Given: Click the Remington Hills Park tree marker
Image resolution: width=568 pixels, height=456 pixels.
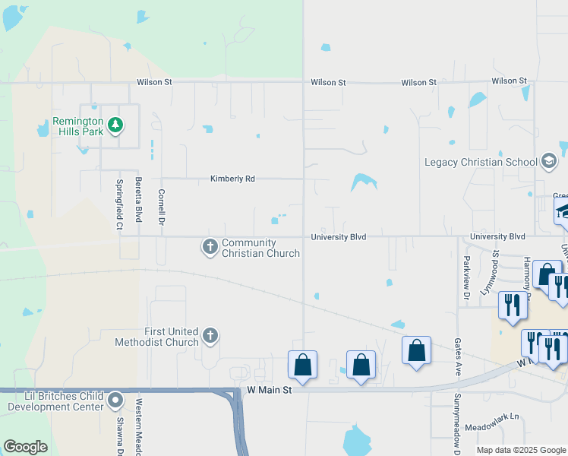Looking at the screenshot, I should point(115,125).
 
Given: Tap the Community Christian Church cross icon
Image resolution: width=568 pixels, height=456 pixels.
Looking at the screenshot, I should point(210,246).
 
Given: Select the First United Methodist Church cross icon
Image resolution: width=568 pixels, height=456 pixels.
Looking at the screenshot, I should point(210,334).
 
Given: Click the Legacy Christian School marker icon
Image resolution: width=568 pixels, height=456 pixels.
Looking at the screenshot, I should point(549,161).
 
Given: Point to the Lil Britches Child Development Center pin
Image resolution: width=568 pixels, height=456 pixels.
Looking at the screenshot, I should point(115,399).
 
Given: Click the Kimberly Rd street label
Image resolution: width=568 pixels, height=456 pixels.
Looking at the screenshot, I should point(232,179).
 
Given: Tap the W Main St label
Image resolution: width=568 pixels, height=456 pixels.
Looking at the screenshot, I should point(270,390).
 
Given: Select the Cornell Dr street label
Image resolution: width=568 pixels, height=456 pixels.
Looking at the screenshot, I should point(161,207).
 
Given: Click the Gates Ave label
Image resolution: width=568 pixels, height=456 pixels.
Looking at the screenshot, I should point(458,358).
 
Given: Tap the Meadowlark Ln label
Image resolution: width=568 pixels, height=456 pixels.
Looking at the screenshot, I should point(491,416).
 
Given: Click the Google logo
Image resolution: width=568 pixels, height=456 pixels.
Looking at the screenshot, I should point(25,447).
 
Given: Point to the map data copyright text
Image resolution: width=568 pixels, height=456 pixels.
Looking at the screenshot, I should point(521,450).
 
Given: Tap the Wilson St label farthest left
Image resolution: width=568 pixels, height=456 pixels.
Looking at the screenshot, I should point(155,82).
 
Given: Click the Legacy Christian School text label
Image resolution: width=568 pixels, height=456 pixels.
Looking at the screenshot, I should point(480,162).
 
